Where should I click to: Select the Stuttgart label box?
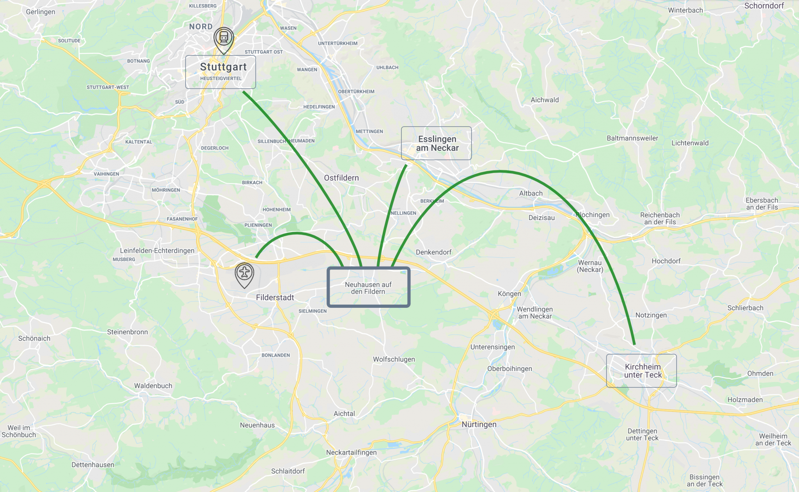(x=220, y=72)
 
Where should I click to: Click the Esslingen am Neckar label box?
(x=436, y=143)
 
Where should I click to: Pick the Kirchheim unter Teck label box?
(x=641, y=371)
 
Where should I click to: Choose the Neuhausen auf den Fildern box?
(x=368, y=288)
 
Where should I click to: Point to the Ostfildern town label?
(x=341, y=178)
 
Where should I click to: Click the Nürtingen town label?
(x=479, y=425)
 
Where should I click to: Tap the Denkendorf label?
(x=433, y=252)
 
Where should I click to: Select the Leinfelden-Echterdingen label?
(x=157, y=250)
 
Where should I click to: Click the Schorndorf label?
(x=764, y=6)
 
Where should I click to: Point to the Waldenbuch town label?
(x=153, y=386)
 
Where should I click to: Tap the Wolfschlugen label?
(x=394, y=359)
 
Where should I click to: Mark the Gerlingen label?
(x=41, y=12)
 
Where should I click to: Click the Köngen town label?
(x=509, y=294)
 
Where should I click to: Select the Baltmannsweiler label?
(x=632, y=138)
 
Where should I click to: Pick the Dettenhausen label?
(x=93, y=465)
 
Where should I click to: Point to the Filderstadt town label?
(x=275, y=298)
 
